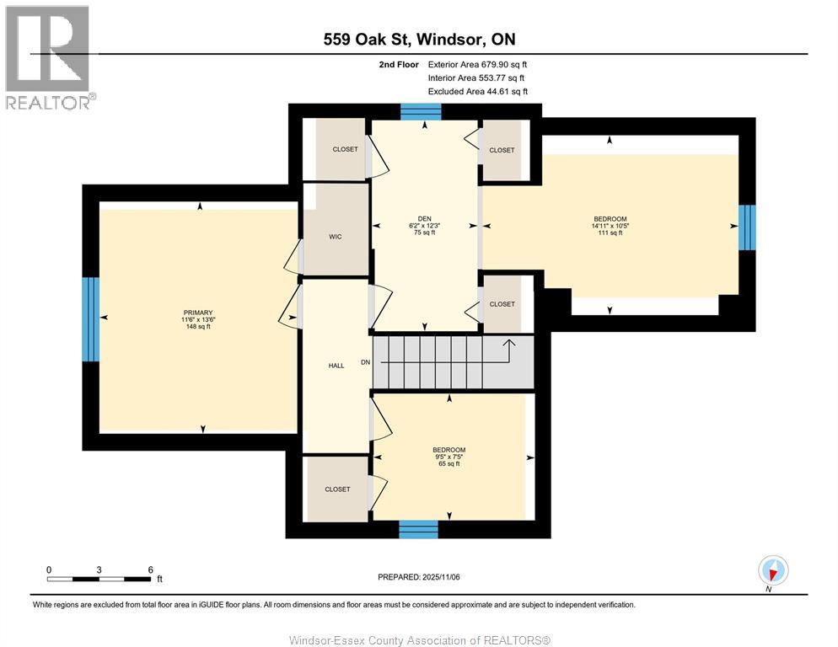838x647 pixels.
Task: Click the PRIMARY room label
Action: pyautogui.click(x=199, y=312)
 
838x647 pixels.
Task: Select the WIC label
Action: pyautogui.click(x=335, y=237)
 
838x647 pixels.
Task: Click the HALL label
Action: pyautogui.click(x=336, y=366)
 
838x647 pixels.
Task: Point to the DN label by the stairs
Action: pyautogui.click(x=365, y=361)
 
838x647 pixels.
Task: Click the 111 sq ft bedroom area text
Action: pyautogui.click(x=609, y=233)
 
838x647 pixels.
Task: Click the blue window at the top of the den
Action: pyautogui.click(x=420, y=111)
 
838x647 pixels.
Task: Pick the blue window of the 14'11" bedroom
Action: pyautogui.click(x=746, y=227)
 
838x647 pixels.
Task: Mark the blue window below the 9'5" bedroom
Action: pyautogui.click(x=418, y=529)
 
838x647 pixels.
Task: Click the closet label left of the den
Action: pyautogui.click(x=345, y=149)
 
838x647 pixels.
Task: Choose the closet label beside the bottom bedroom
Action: pyautogui.click(x=336, y=489)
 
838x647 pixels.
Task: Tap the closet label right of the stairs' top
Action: pyautogui.click(x=502, y=304)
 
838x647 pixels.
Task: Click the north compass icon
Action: pyautogui.click(x=772, y=570)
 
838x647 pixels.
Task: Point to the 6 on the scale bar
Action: pyautogui.click(x=150, y=569)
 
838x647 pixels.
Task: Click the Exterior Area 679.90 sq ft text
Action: pyautogui.click(x=477, y=64)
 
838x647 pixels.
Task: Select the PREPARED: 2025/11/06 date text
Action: pyautogui.click(x=418, y=577)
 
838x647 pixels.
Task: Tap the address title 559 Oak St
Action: pyautogui.click(x=418, y=39)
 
